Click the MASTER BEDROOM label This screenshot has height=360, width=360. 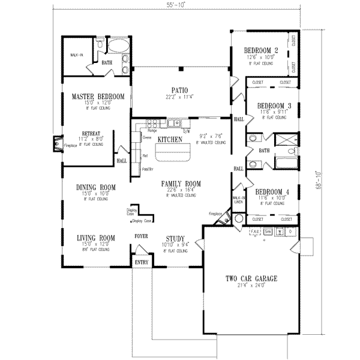pyautogui.click(x=98, y=97)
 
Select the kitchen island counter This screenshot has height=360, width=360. pyautogui.click(x=173, y=157)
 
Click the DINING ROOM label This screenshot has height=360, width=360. pyautogui.click(x=95, y=188)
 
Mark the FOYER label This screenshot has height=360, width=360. pyautogui.click(x=142, y=236)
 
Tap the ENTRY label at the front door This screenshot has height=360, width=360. pyautogui.click(x=142, y=263)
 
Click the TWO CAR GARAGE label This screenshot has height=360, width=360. pyautogui.click(x=251, y=280)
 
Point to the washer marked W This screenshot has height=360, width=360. pyautogui.click(x=279, y=231)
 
